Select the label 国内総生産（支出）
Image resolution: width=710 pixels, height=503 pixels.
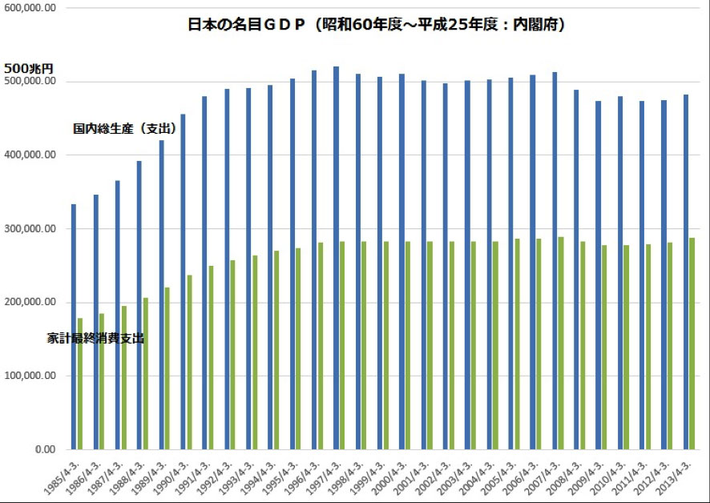tap(124, 128)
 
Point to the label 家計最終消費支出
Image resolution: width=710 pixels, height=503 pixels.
tap(96, 339)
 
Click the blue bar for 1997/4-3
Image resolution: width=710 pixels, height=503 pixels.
tap(336, 257)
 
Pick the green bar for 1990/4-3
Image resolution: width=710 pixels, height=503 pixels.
tap(190, 361)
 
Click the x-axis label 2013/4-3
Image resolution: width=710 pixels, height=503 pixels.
tap(676, 476)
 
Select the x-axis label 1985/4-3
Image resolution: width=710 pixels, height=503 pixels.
tap(63, 476)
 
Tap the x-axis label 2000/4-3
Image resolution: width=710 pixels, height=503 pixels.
tap(391, 476)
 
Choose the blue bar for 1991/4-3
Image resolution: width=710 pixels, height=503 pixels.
tap(204, 272)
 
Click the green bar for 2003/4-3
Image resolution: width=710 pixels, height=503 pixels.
tap(474, 344)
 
